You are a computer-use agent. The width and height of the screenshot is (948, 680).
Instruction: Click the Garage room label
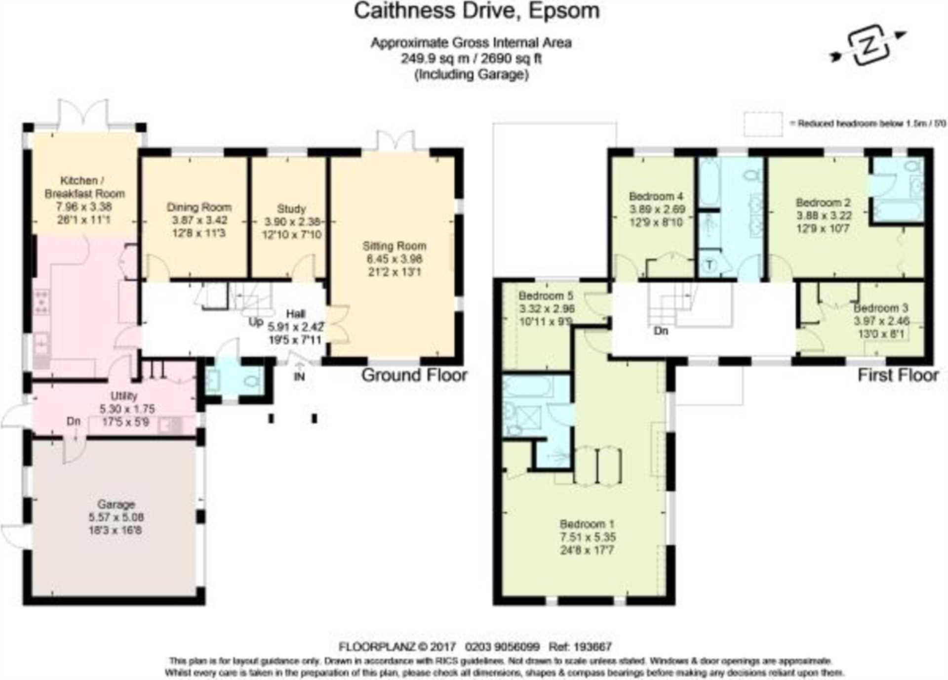[x=116, y=504]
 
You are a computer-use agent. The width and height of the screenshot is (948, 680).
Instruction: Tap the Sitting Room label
[x=394, y=246]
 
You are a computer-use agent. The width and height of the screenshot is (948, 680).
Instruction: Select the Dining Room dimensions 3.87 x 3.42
[x=199, y=220]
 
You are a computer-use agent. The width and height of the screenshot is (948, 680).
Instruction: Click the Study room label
[x=291, y=209]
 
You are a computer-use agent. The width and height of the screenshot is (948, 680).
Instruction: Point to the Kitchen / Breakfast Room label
[x=84, y=187]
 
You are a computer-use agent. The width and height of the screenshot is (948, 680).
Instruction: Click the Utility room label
[x=123, y=396]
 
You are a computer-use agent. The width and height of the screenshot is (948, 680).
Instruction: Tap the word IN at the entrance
[x=299, y=377]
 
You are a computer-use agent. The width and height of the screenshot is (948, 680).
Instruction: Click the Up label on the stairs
[x=256, y=322]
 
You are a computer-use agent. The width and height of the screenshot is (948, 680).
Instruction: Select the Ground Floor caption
[x=414, y=375]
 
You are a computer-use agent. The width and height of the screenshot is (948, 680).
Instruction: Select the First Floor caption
[x=898, y=375]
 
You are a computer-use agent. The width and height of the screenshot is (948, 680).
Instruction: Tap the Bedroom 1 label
[x=587, y=524]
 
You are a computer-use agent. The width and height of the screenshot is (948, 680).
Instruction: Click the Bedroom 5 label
[x=546, y=296]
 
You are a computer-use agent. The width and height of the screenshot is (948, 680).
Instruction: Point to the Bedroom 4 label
[x=656, y=196]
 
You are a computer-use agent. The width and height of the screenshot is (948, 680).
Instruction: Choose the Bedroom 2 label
[x=823, y=203]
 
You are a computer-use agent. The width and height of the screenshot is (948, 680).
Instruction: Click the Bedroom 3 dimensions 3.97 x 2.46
[x=881, y=321]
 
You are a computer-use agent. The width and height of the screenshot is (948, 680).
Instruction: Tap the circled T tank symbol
[x=710, y=264]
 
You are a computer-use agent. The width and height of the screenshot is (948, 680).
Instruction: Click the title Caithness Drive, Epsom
[x=476, y=11]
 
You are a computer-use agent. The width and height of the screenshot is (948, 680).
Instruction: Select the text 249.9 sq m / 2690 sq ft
[x=471, y=59]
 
